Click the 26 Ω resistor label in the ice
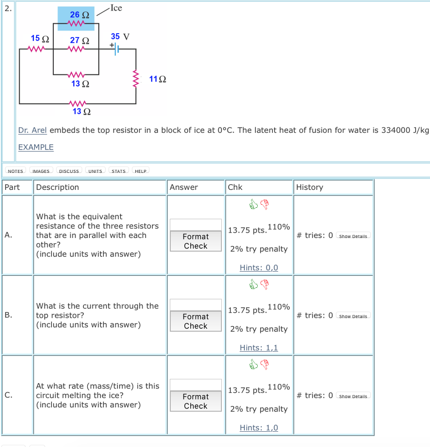(x=79, y=14)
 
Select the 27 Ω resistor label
(x=79, y=40)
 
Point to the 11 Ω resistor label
(x=158, y=79)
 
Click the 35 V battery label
(x=120, y=36)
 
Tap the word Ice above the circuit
(x=116, y=8)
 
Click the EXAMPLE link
(x=36, y=147)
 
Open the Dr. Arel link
(x=32, y=130)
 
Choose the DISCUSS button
(x=69, y=171)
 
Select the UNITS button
(x=95, y=171)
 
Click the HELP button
(x=141, y=171)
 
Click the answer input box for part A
(x=196, y=225)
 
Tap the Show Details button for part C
(x=354, y=396)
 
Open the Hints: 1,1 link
(x=258, y=348)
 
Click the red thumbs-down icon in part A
(x=265, y=203)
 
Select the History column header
(x=310, y=187)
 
